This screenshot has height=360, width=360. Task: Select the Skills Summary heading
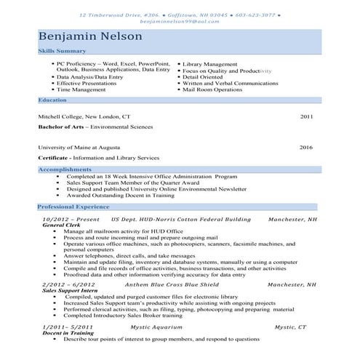(x=62, y=52)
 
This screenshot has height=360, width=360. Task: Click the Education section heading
(x=52, y=99)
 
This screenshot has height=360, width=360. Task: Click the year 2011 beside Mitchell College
(x=306, y=116)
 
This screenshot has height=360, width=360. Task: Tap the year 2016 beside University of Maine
(x=306, y=147)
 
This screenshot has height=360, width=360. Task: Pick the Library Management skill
(x=214, y=64)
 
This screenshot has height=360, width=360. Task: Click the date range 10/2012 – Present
(x=71, y=219)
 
